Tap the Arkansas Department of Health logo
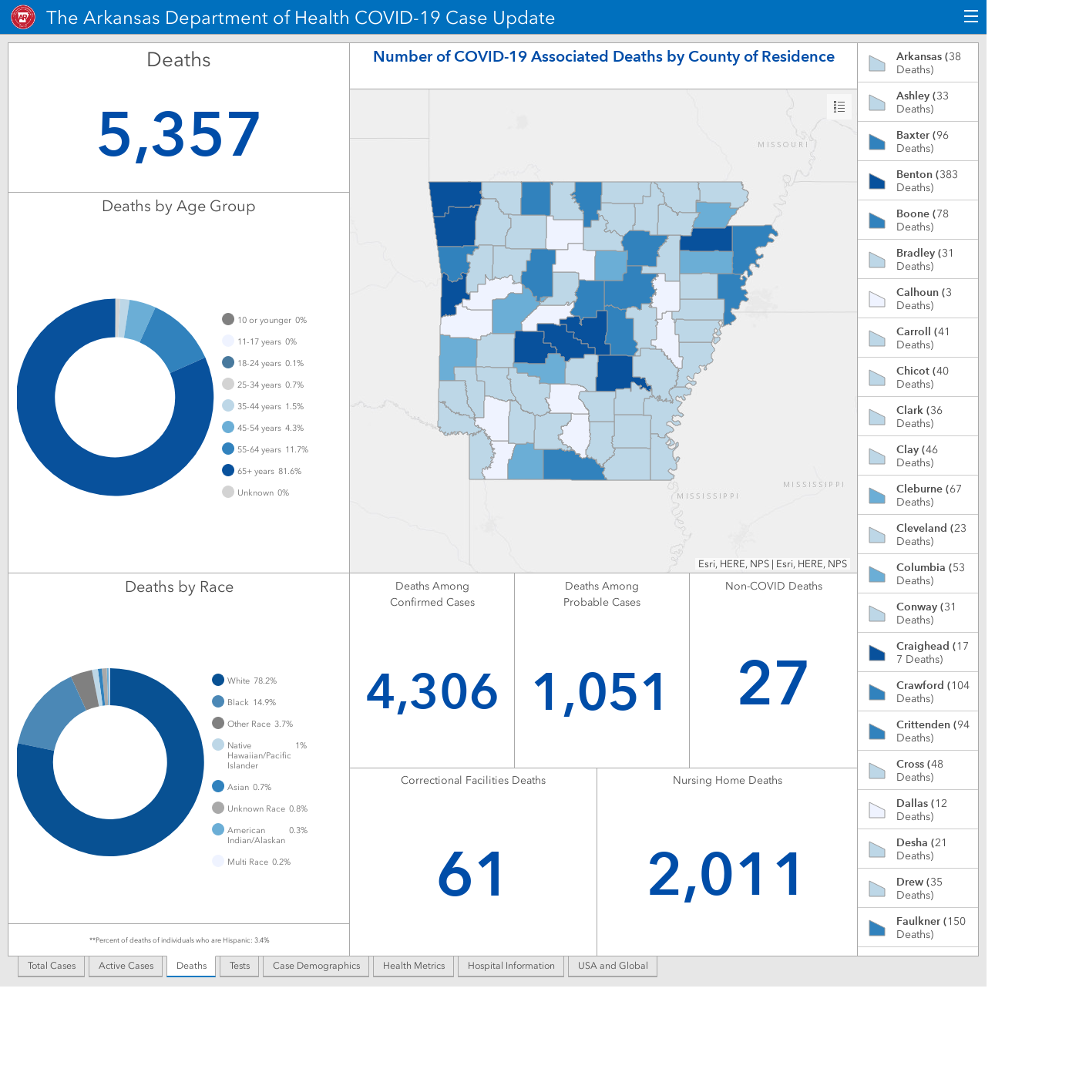(23, 18)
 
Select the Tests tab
(240, 966)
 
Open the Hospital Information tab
(511, 966)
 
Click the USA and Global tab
(613, 966)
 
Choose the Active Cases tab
(126, 966)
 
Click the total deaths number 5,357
(179, 134)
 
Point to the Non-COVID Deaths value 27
(773, 683)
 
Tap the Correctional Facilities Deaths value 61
(472, 874)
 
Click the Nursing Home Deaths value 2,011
(726, 874)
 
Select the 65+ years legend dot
(228, 470)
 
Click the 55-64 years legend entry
(265, 449)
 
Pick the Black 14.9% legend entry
(244, 701)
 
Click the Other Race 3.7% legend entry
(253, 724)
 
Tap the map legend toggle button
(839, 107)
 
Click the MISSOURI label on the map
(783, 144)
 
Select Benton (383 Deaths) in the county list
(918, 180)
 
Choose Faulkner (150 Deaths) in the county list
(918, 927)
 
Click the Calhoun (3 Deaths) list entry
(918, 298)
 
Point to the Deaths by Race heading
(179, 587)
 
